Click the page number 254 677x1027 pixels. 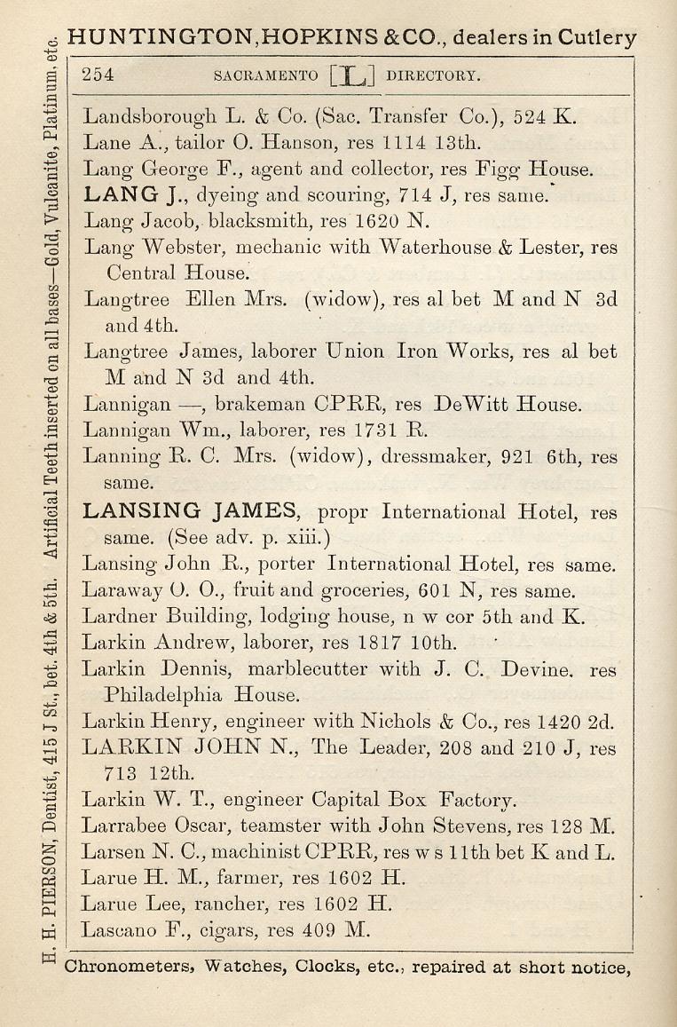click(98, 75)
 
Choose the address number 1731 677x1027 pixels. click(377, 431)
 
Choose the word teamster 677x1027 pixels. click(275, 827)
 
